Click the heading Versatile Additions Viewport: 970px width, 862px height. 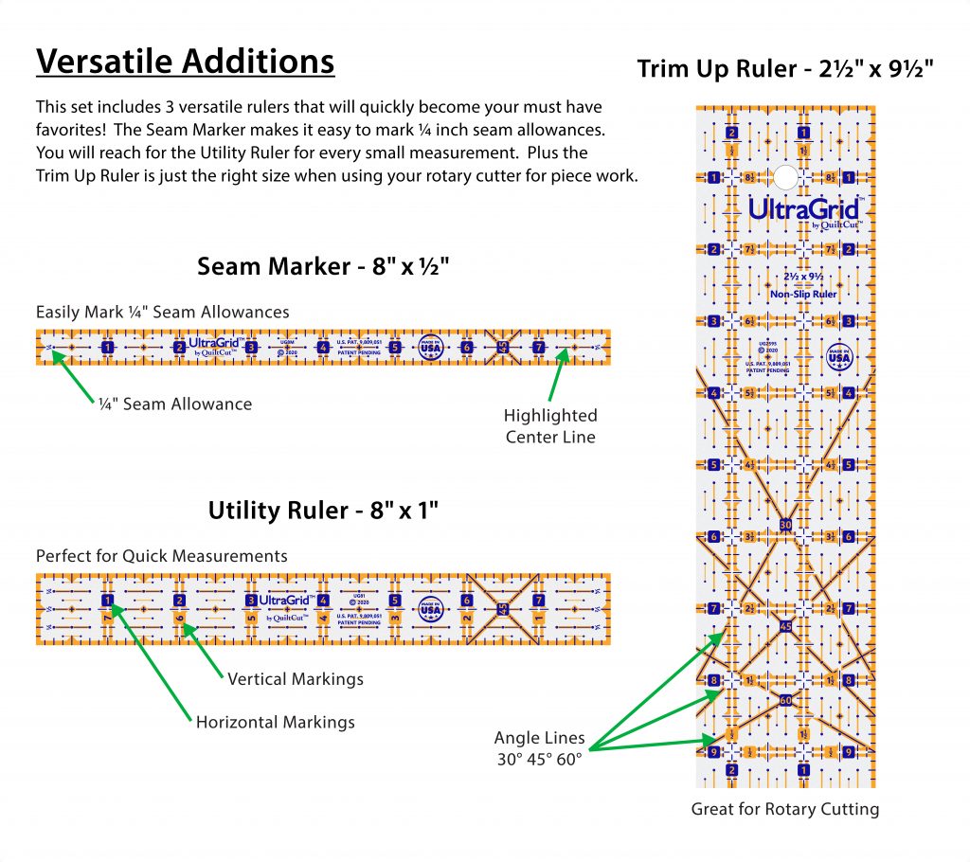pyautogui.click(x=185, y=62)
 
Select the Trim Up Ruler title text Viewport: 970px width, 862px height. pyautogui.click(x=787, y=69)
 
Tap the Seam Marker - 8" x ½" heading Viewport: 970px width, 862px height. pyautogui.click(x=322, y=267)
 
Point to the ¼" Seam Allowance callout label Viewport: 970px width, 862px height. pyautogui.click(x=175, y=404)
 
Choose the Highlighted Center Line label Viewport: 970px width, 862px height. pyautogui.click(x=550, y=426)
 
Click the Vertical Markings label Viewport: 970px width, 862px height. pyautogui.click(x=296, y=679)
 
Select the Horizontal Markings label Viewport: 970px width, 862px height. pyautogui.click(x=276, y=723)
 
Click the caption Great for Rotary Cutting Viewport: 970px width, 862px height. pyautogui.click(x=785, y=809)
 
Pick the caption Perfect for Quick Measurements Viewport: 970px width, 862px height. pyautogui.click(x=162, y=556)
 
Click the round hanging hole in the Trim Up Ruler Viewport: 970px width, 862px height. pyautogui.click(x=785, y=176)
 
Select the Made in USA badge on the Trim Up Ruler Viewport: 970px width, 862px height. pyautogui.click(x=838, y=357)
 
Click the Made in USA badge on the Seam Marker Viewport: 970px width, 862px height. pyautogui.click(x=431, y=347)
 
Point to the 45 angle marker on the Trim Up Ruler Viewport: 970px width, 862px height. pyautogui.click(x=785, y=626)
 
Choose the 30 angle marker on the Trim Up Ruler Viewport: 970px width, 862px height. pyautogui.click(x=785, y=525)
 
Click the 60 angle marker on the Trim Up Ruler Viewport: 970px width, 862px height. pyautogui.click(x=785, y=700)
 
